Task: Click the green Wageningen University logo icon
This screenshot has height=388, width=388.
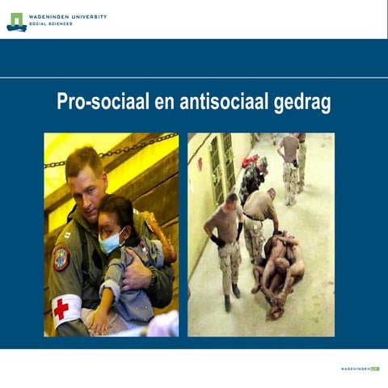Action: click(x=16, y=21)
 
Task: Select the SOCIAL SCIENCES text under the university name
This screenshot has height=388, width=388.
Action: click(x=50, y=24)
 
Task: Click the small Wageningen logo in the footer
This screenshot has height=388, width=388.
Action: click(x=360, y=369)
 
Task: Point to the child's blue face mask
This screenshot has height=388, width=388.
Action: click(x=110, y=242)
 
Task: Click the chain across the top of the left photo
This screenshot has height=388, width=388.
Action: click(x=121, y=149)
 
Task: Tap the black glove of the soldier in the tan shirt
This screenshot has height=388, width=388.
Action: click(x=217, y=241)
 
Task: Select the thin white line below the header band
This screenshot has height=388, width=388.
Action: click(x=194, y=78)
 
